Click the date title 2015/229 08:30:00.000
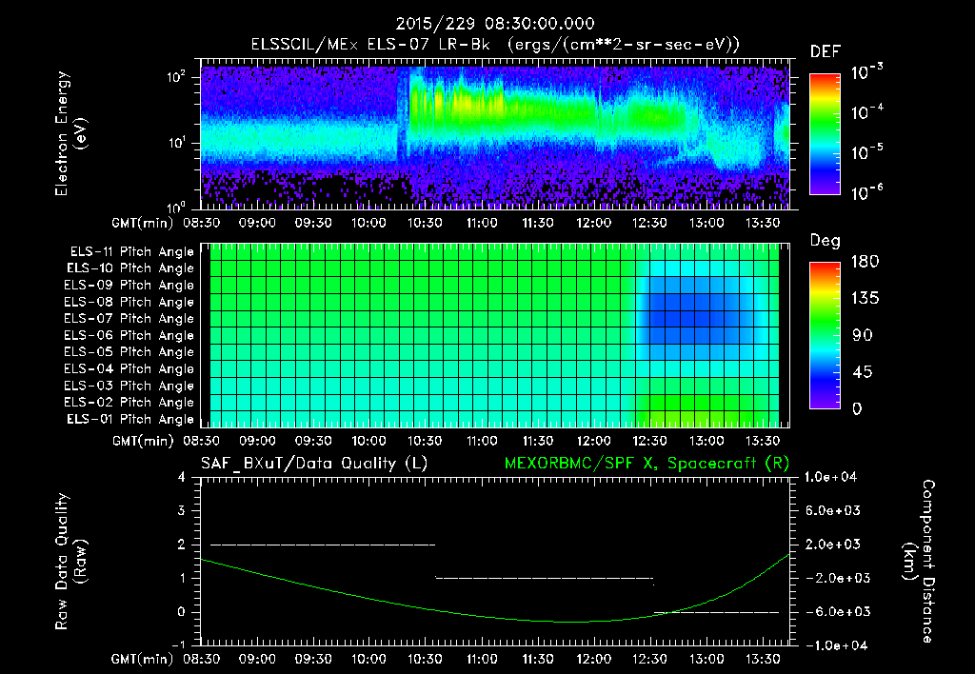[487, 23]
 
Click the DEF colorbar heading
[824, 52]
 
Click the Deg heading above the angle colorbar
[824, 241]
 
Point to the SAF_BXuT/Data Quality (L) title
[313, 463]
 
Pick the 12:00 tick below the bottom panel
[593, 659]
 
